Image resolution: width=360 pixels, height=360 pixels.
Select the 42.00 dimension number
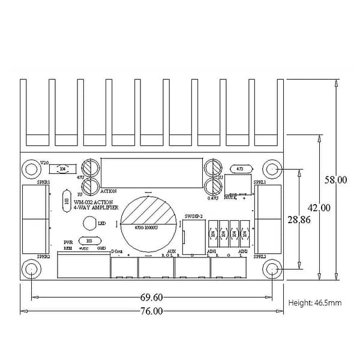pos(319,208)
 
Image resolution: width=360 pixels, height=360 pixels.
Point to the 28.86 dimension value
pos(298,220)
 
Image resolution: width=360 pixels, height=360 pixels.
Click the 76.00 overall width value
pos(151,311)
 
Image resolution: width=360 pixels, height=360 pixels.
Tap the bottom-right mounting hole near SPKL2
pos(272,268)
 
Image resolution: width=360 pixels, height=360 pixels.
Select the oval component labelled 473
pos(241,169)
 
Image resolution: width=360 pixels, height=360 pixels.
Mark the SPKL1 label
pos(259,182)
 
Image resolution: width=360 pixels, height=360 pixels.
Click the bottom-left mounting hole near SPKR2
pos(31,268)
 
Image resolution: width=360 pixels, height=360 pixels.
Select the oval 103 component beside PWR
pos(89,241)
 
